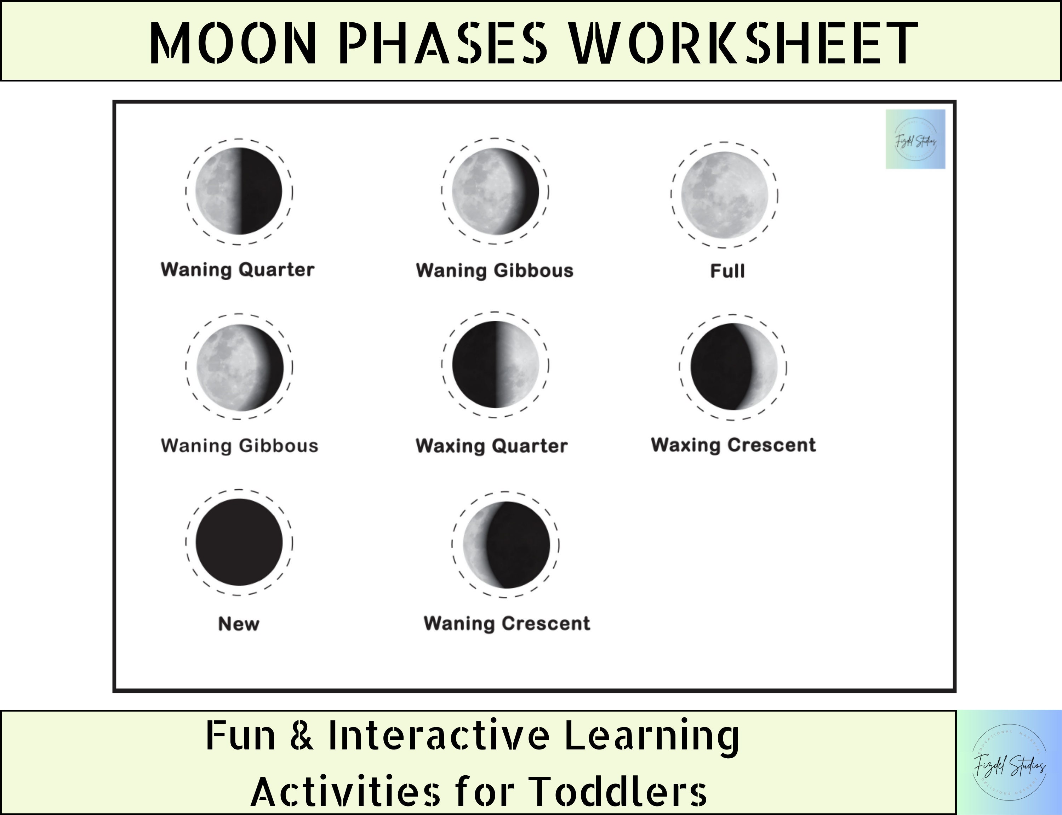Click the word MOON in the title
[x=233, y=44]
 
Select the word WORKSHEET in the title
[x=742, y=44]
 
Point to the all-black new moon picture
[x=239, y=542]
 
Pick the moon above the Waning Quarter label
[x=239, y=191]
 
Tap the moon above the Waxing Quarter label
[x=495, y=364]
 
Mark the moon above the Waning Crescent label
[x=506, y=545]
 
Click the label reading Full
[x=727, y=271]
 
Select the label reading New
[x=239, y=624]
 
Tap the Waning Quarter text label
[x=238, y=270]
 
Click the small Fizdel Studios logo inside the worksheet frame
[x=915, y=139]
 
